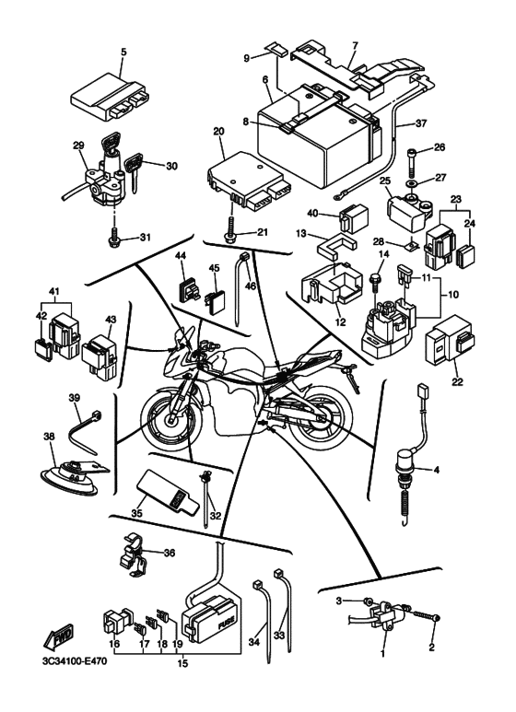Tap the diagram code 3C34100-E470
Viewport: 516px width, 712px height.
(72, 661)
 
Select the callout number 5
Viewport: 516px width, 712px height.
(123, 52)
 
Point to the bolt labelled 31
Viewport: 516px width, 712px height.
(114, 238)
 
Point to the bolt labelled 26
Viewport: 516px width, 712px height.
(412, 162)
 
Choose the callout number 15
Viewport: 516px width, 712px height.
(182, 663)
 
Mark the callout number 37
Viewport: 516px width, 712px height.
(421, 123)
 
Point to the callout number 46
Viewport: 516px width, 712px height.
(251, 286)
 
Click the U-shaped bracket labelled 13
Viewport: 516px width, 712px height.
(335, 246)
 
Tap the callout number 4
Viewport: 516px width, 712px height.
(437, 470)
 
